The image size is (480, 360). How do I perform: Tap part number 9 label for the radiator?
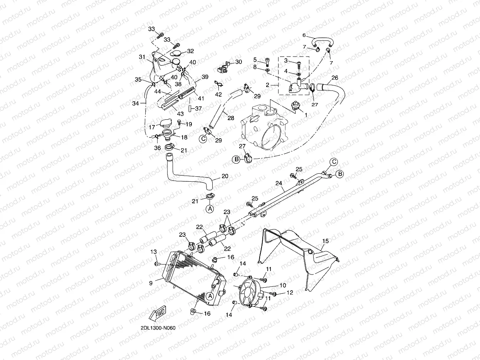[151, 283]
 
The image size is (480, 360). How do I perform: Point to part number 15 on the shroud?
[326, 241]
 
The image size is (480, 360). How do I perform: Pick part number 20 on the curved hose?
[225, 176]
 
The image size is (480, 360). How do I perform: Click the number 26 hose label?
[335, 78]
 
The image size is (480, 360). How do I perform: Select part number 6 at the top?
[304, 36]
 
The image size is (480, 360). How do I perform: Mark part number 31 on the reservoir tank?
[142, 57]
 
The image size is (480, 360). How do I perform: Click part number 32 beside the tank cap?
[191, 51]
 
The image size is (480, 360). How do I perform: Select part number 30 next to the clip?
[239, 62]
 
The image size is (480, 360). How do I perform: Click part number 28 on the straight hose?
[230, 118]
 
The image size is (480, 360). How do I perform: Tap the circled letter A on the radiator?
[210, 296]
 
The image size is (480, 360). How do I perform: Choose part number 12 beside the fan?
[290, 293]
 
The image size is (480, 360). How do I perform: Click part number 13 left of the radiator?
[153, 252]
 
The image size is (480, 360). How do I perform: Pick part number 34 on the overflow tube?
[135, 103]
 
